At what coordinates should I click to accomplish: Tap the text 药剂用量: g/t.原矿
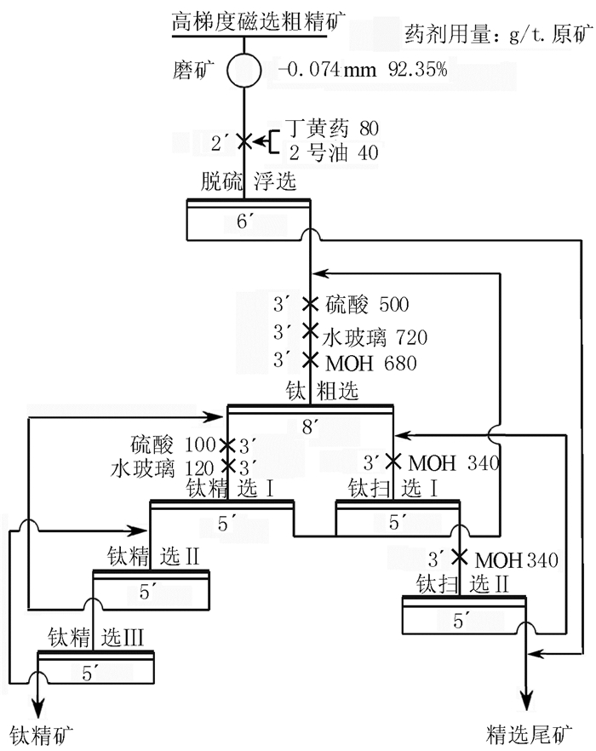click(497, 35)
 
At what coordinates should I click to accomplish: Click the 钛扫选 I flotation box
click(397, 519)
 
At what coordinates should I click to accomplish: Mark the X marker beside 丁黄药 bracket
click(244, 141)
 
